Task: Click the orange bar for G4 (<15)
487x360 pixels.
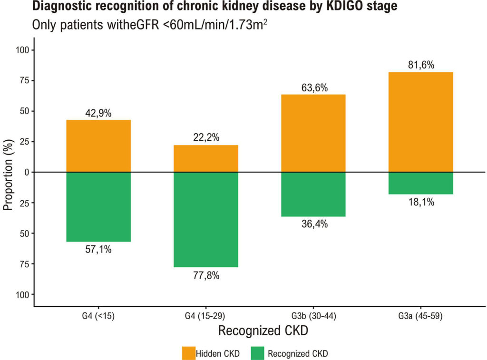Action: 98,146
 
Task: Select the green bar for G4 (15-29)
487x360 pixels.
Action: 206,220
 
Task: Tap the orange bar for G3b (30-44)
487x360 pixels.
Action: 313,133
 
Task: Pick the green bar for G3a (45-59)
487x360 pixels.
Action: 421,183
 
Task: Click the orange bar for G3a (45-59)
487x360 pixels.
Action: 421,122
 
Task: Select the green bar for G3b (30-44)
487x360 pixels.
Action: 313,195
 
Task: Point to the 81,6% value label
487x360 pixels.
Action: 421,65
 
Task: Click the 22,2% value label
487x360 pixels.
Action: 206,137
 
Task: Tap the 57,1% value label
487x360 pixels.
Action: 98,249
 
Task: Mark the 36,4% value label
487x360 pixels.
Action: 315,224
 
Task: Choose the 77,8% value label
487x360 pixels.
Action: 206,275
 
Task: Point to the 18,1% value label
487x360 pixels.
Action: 421,202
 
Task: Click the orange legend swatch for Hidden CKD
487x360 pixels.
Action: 188,353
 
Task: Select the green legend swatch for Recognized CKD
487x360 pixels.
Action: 257,353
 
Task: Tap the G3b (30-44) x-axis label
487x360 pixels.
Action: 314,316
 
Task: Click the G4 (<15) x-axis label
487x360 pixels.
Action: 98,316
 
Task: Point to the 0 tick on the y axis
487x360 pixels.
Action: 27,172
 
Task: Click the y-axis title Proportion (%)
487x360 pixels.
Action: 9,175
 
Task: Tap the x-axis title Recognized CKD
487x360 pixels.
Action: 263,331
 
